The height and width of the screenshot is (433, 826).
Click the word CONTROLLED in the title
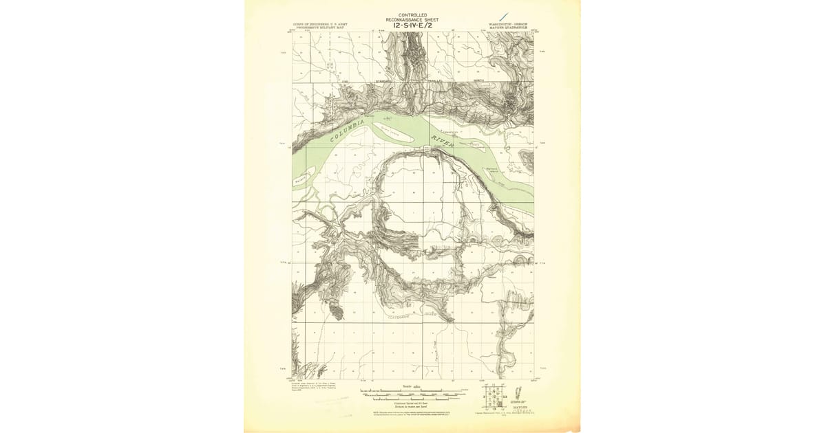(412, 15)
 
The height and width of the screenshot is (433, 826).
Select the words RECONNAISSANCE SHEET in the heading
(412, 20)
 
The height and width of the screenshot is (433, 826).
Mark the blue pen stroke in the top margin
(505, 15)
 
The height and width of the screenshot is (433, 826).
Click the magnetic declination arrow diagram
(521, 395)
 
